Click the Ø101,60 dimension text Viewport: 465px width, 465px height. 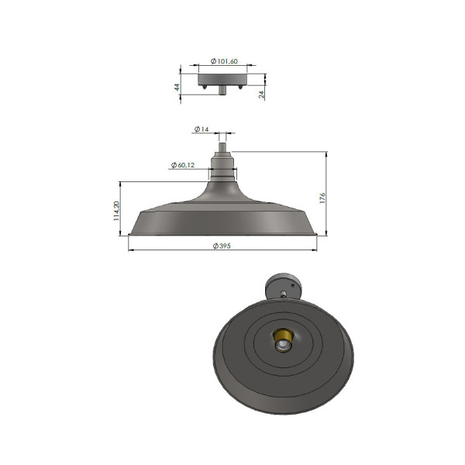click(225, 61)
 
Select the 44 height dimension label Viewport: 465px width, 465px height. click(178, 88)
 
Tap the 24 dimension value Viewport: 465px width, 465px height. click(262, 94)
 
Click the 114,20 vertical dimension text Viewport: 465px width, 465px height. click(117, 210)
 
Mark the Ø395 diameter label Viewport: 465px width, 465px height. click(222, 246)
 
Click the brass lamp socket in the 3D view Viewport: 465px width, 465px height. click(283, 341)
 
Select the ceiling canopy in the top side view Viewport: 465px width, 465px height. click(223, 79)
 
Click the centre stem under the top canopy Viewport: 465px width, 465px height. click(223, 90)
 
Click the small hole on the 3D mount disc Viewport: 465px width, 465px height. click(284, 294)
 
